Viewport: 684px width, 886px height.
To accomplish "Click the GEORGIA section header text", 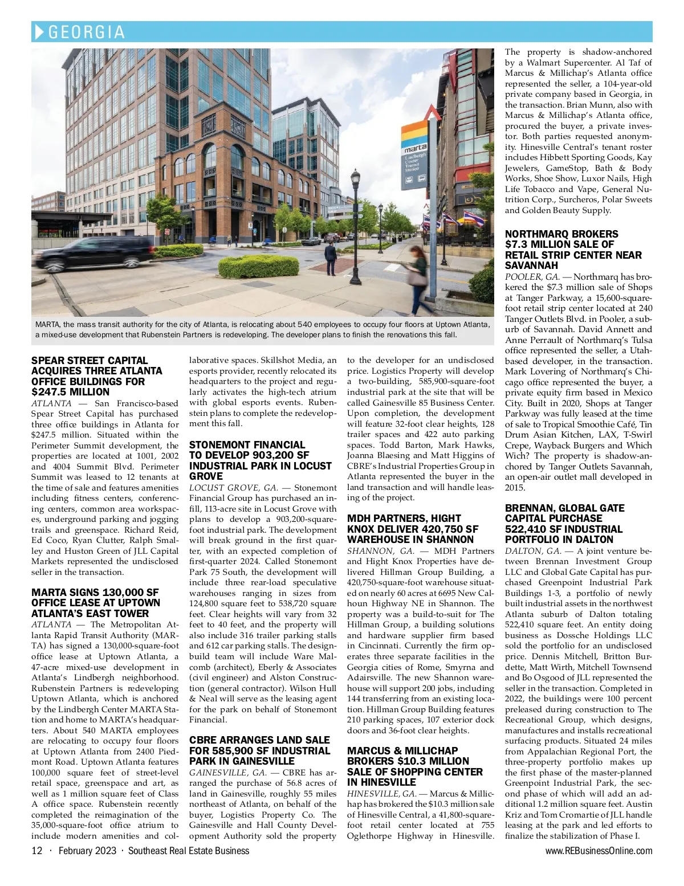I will click(87, 32).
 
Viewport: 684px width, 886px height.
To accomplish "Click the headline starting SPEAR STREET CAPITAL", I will click(97, 376).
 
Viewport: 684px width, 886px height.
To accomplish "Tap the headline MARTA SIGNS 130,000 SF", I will click(96, 603).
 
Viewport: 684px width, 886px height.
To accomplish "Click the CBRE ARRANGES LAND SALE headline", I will click(260, 750).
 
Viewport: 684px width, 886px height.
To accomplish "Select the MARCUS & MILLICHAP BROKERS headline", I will click(415, 766).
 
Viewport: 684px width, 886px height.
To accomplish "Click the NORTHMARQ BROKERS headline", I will click(573, 250).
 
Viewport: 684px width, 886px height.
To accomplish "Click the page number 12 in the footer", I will click(37, 851).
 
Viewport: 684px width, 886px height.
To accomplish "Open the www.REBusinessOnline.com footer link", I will click(598, 851).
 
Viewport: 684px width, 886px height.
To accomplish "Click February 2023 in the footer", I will click(87, 851).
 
